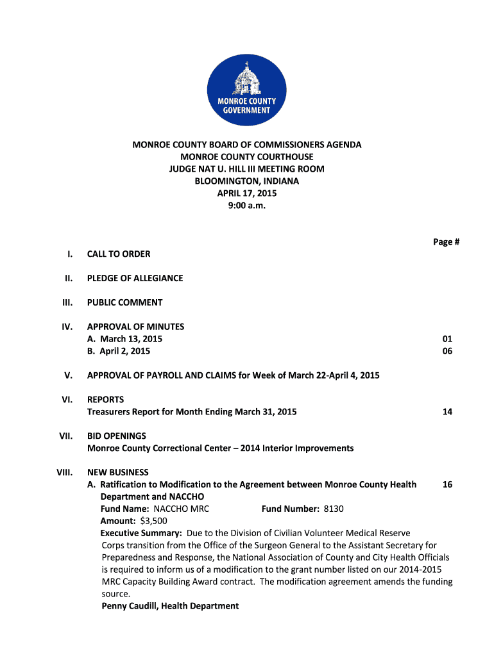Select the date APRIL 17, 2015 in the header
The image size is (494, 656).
(x=246, y=193)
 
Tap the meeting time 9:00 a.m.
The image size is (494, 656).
(x=246, y=206)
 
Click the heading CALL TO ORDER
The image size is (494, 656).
(x=119, y=254)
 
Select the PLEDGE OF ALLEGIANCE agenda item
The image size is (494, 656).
(x=135, y=278)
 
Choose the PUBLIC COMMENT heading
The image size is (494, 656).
(x=124, y=302)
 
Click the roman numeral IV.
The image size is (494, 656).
(x=67, y=327)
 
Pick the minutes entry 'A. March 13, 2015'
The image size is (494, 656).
(x=124, y=339)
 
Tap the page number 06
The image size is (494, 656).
(x=447, y=351)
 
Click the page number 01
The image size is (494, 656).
(x=447, y=339)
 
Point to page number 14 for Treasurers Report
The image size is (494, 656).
(x=447, y=412)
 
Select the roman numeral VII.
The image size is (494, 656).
(x=65, y=436)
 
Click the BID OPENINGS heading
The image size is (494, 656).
(x=117, y=436)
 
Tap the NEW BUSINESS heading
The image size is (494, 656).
(x=117, y=472)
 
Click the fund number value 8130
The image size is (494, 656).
(x=334, y=509)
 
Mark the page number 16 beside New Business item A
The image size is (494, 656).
(x=447, y=484)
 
